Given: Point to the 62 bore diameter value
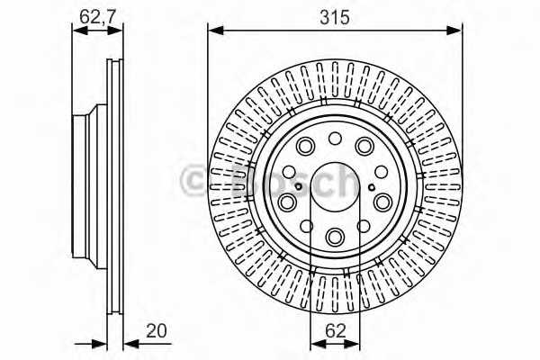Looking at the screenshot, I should tap(335, 331).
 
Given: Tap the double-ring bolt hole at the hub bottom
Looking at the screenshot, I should tap(335, 237).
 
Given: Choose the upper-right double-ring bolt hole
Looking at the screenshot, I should tap(364, 147).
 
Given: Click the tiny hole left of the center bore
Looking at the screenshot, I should tap(288, 172).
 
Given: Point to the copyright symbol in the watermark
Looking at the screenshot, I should tap(193, 183).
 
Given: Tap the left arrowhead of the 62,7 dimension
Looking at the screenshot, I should tap(77, 31).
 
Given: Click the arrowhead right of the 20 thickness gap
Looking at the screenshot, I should tap(128, 343).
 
